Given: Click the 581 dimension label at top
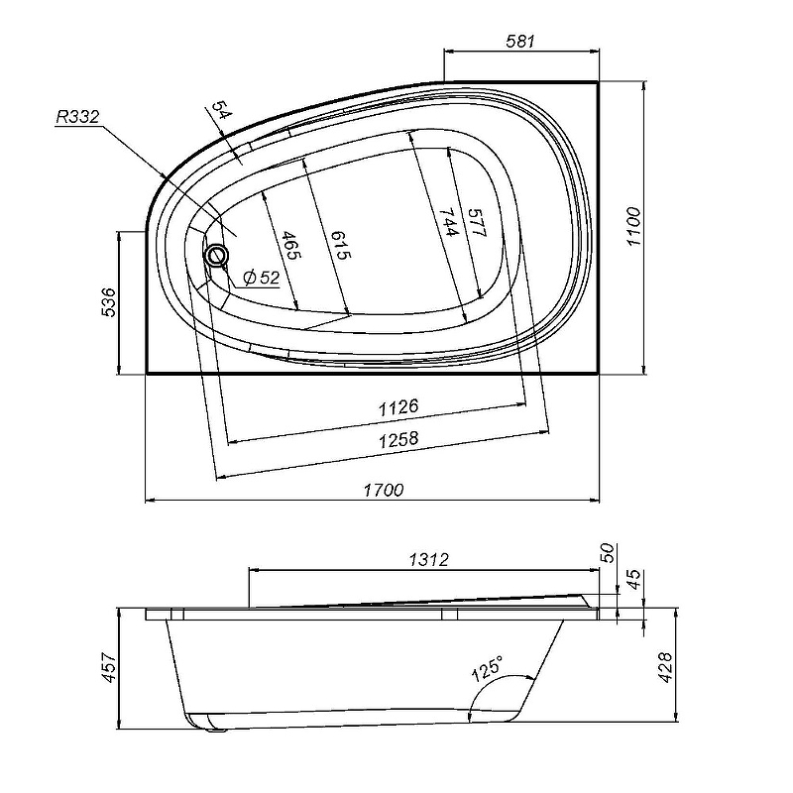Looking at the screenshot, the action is click(x=519, y=41).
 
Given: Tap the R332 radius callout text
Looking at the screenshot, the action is click(x=77, y=117).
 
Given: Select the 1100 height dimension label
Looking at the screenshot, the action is click(x=633, y=227).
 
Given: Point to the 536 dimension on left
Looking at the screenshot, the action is click(x=108, y=302).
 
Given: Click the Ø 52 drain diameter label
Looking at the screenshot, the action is click(x=261, y=278).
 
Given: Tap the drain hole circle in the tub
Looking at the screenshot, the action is click(x=217, y=255).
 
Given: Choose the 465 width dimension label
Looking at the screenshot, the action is click(x=290, y=245).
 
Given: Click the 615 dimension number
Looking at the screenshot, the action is click(x=340, y=245).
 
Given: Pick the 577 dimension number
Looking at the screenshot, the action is click(x=476, y=223).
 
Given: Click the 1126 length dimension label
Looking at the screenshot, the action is click(x=398, y=406).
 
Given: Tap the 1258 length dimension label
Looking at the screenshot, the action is click(x=399, y=439).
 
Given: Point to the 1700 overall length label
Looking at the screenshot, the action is click(x=384, y=490).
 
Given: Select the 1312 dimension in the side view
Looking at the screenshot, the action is click(x=429, y=559).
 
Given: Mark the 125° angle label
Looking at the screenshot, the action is click(x=488, y=668).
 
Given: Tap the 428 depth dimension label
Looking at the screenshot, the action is click(x=665, y=667).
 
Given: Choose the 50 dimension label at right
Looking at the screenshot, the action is click(x=608, y=553).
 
